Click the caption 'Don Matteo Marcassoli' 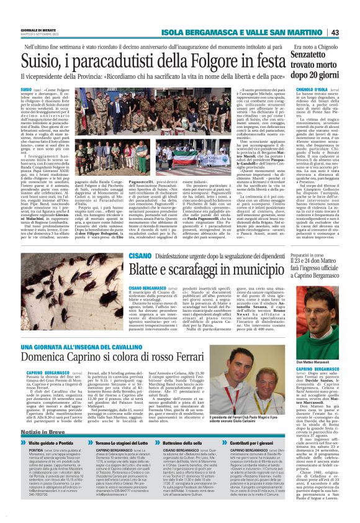pos(319,345)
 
